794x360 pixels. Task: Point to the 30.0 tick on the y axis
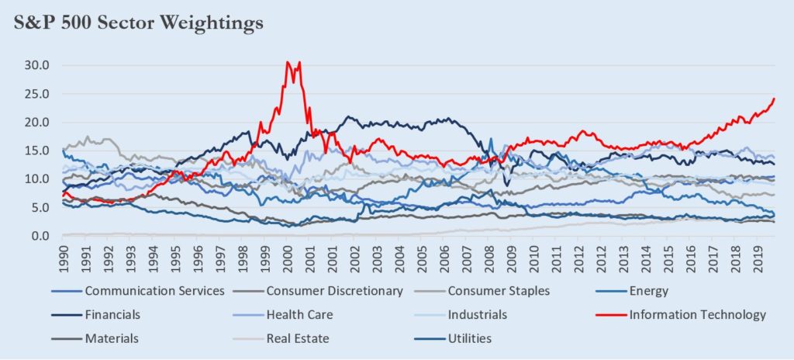click(x=37, y=65)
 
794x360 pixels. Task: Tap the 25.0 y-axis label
click(x=37, y=94)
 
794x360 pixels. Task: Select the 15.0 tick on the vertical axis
click(x=37, y=151)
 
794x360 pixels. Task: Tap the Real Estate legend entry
click(x=297, y=338)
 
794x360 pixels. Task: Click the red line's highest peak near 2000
click(x=288, y=62)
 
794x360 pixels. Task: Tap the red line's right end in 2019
click(x=774, y=99)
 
